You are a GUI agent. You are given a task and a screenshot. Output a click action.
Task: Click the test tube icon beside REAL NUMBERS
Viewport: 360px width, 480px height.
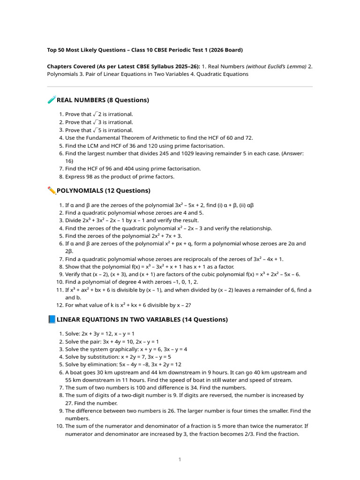[x=52, y=100]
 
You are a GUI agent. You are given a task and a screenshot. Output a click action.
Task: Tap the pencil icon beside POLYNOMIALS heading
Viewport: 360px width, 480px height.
[x=52, y=190]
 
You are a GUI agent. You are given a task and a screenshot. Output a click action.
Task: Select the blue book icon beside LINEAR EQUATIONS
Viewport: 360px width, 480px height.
[x=52, y=319]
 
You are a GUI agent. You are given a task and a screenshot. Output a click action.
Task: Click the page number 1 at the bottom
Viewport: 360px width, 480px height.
[x=180, y=459]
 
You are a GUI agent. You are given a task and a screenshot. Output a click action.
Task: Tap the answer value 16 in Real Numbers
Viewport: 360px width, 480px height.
[x=69, y=161]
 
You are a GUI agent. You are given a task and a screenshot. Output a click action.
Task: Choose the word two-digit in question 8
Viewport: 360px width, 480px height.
[x=142, y=395]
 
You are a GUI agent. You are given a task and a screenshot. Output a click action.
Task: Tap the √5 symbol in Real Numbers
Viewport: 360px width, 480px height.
[x=97, y=130]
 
